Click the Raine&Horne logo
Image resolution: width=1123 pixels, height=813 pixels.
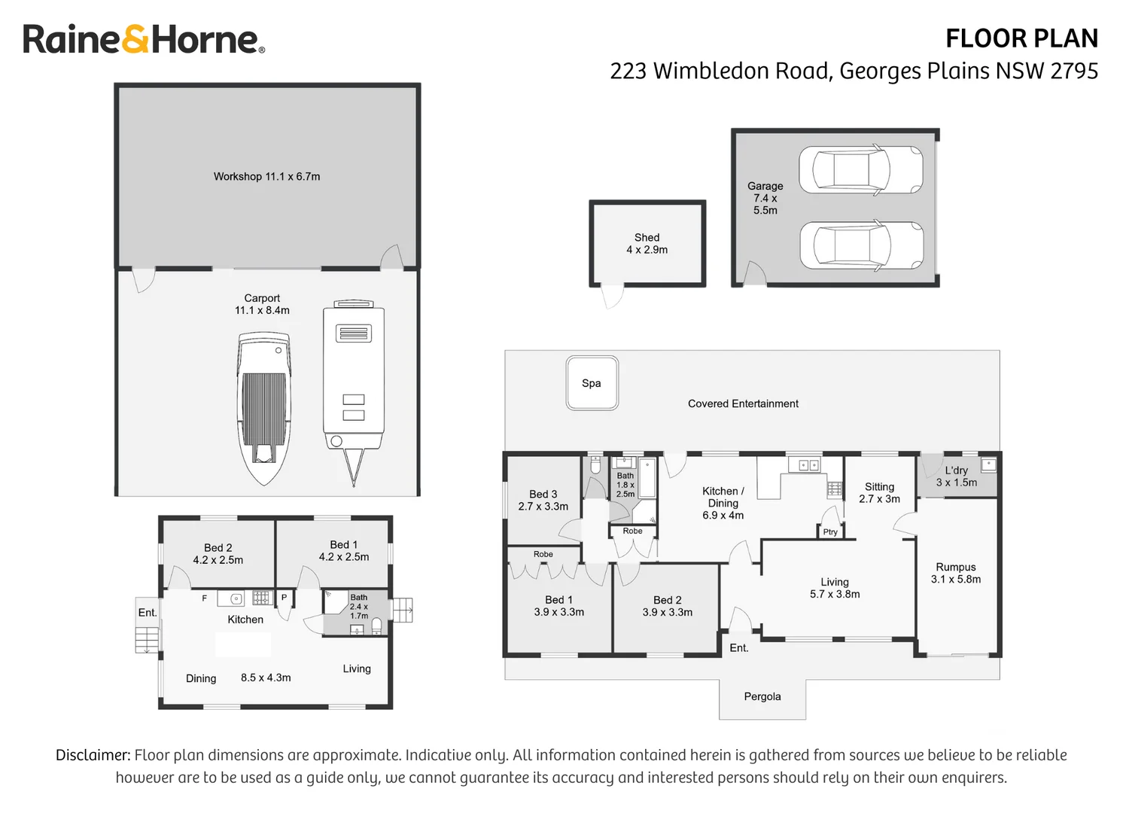[x=143, y=39]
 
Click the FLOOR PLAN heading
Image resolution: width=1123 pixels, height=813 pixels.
[x=1021, y=38]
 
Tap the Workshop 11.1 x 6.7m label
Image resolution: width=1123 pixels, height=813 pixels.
[x=266, y=176]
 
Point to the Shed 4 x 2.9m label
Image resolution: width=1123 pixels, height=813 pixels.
[x=647, y=243]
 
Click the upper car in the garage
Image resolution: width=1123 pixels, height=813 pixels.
[x=860, y=170]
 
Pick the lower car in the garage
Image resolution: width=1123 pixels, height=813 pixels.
[x=860, y=245]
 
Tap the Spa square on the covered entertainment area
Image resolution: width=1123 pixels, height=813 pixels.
[x=592, y=383]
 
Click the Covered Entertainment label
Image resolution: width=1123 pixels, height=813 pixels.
[x=743, y=403]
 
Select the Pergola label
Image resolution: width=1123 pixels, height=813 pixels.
[x=762, y=696]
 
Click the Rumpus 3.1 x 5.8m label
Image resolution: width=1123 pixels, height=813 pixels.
[x=956, y=573]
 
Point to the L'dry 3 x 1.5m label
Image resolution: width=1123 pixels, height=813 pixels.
[x=956, y=476]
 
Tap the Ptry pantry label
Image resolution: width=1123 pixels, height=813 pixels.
[x=830, y=531]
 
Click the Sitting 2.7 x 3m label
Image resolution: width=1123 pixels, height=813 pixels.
[x=879, y=492]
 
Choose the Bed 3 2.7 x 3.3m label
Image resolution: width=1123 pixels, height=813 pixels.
[x=543, y=500]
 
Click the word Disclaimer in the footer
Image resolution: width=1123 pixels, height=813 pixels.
[x=93, y=755]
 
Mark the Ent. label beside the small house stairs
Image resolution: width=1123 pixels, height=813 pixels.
[x=148, y=612]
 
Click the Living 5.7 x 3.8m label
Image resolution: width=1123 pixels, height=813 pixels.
[x=835, y=587]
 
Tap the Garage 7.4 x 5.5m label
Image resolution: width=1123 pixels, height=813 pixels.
[x=765, y=198]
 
